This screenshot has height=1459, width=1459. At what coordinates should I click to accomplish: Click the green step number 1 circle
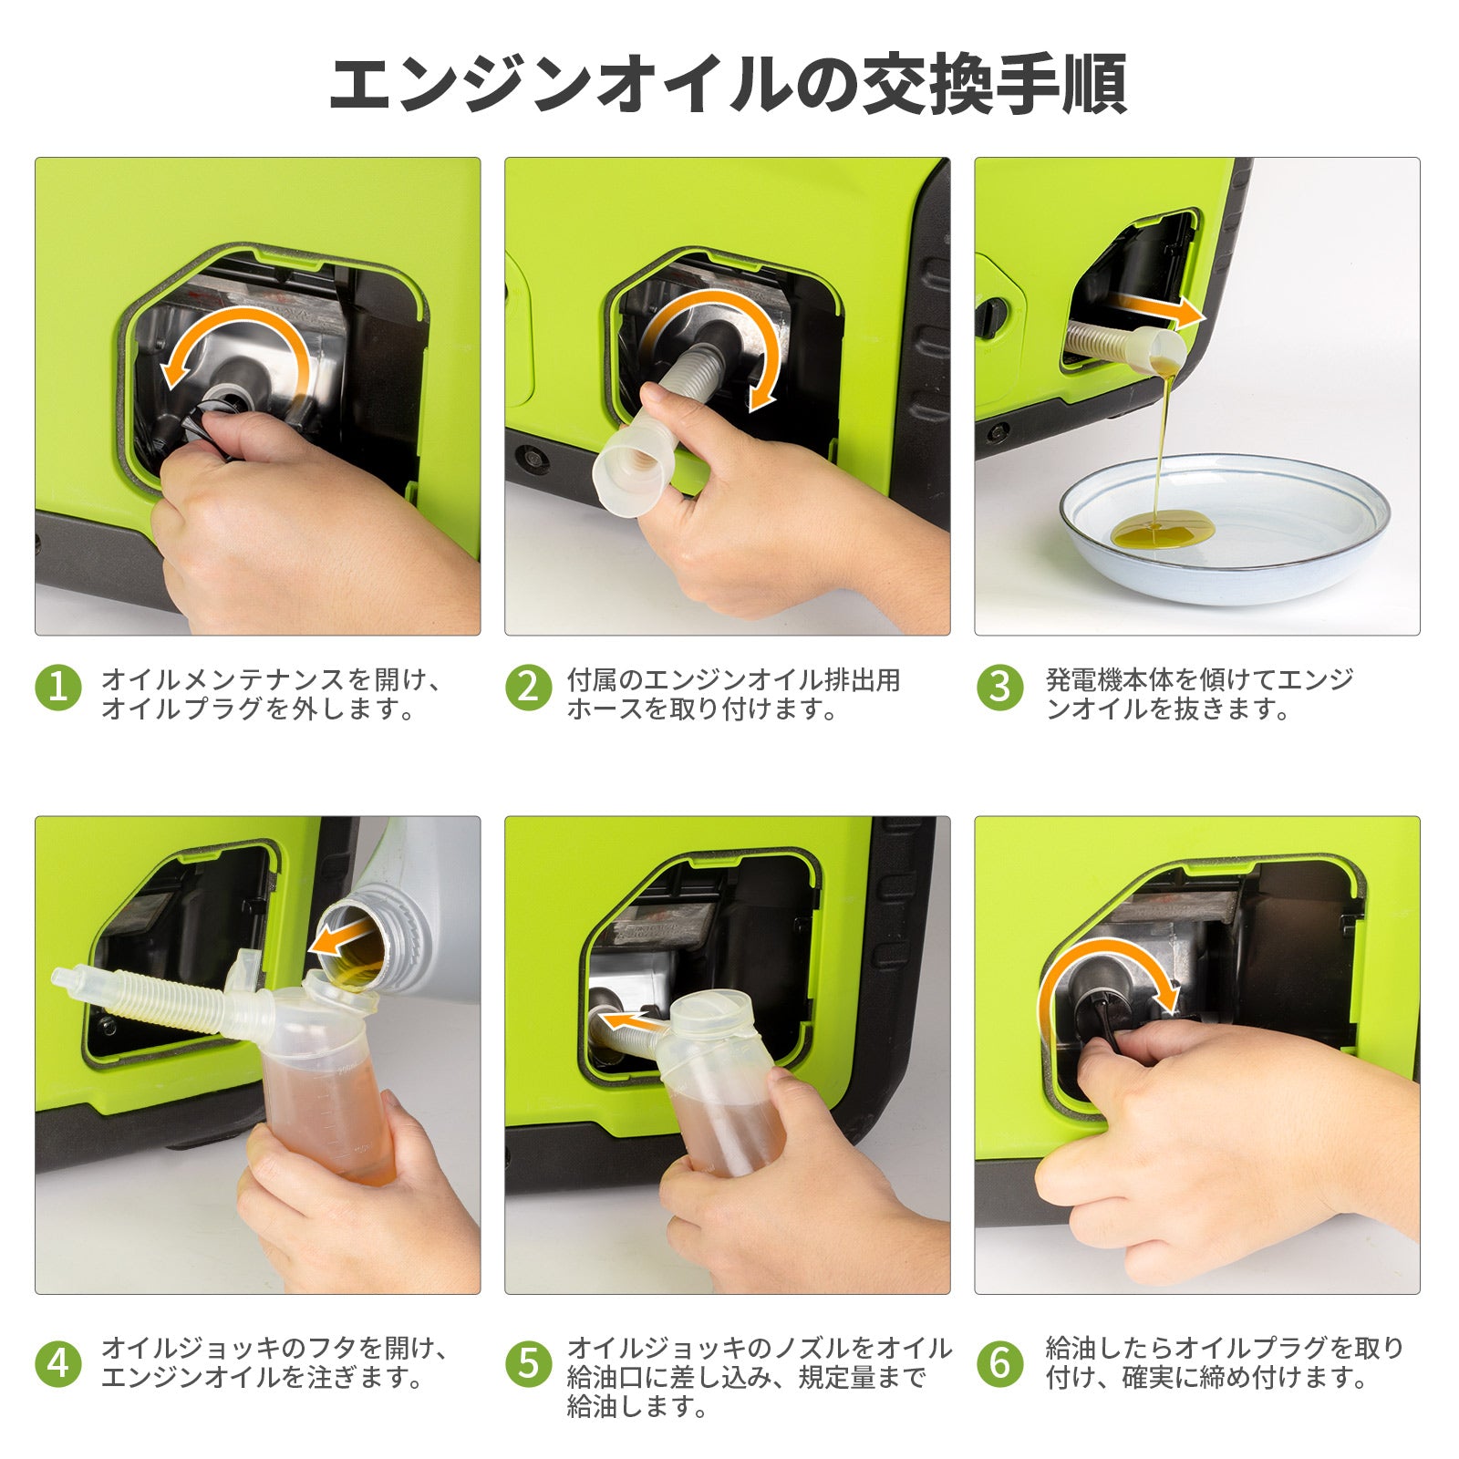pos(58,688)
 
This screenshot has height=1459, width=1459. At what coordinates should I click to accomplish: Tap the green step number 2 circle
pos(529,688)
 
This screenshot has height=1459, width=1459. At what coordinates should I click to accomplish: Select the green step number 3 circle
pos(999,688)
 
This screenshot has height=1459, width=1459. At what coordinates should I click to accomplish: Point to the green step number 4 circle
pos(58,1364)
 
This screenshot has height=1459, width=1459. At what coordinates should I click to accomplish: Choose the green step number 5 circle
pos(529,1364)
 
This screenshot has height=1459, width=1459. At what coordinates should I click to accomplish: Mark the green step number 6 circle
pos(999,1364)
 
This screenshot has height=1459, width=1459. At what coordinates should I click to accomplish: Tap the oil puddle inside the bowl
pos(1164,530)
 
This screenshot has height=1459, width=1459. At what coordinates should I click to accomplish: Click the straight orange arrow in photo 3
pos(1159,308)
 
